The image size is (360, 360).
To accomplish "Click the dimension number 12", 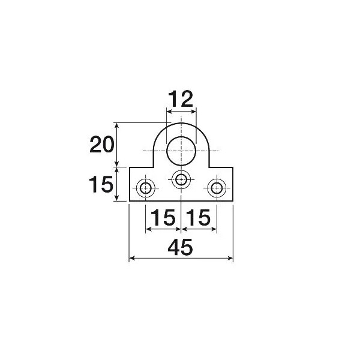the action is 181,99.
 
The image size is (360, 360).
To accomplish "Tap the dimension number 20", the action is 102,145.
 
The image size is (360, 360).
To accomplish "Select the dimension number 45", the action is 180,247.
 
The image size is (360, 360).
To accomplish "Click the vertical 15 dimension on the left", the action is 101,184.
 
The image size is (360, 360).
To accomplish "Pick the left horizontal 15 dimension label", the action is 163,217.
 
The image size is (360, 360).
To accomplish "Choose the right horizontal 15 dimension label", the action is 198,217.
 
